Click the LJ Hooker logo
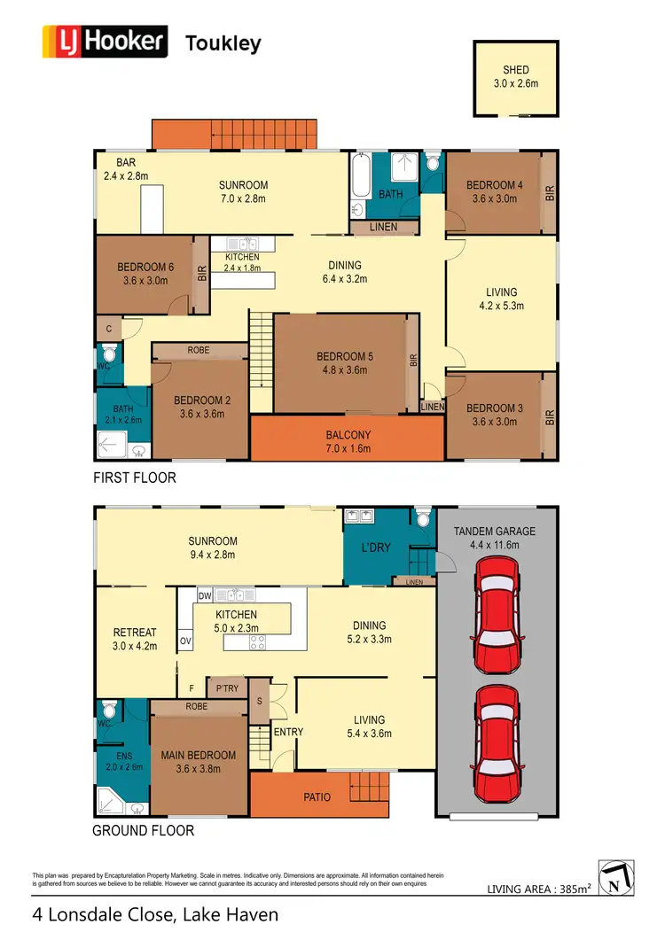tap(106, 42)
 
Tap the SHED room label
tap(515, 76)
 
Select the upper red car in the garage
tap(497, 617)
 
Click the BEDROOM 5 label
tap(345, 363)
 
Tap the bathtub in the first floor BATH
tap(360, 175)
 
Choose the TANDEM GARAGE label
tap(495, 538)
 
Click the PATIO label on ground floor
tap(317, 797)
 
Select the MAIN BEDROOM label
tap(199, 762)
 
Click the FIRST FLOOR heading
tap(135, 478)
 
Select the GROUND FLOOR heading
tap(143, 831)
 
